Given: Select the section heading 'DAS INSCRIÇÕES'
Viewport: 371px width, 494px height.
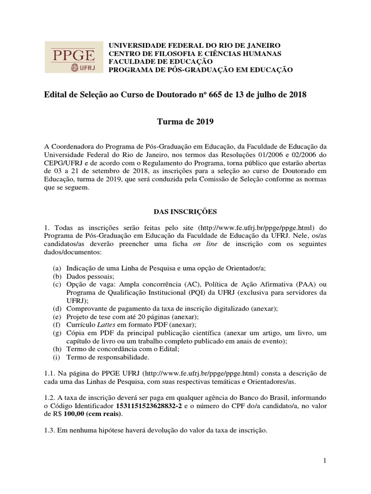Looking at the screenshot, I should pos(185,211).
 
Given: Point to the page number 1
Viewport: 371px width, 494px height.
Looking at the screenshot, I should pos(326,462).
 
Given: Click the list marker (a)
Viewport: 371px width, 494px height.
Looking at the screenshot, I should pos(57,268).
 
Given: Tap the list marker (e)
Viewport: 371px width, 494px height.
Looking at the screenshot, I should pos(57,316).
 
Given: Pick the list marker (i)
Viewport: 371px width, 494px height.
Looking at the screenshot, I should pos(56,357).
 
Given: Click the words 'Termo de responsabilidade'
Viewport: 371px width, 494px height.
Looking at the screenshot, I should pos(108,357).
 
